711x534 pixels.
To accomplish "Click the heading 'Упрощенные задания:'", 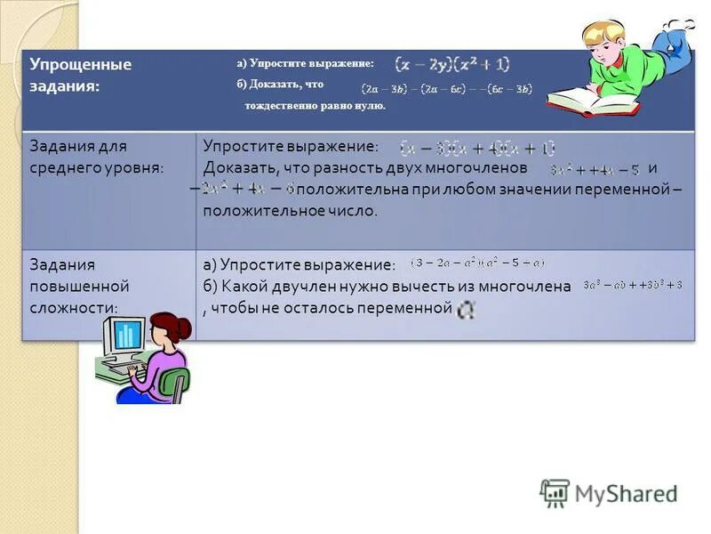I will click(80, 75).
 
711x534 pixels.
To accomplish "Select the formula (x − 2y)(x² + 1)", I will click(452, 64).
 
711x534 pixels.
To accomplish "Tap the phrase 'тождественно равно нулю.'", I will click(316, 106).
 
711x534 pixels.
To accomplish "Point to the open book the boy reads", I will click(591, 102).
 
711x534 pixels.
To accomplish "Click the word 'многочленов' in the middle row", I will click(487, 168).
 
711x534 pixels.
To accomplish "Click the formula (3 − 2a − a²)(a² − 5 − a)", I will click(478, 263).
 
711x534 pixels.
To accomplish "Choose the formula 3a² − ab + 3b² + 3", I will click(633, 285).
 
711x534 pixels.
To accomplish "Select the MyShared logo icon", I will click(555, 493).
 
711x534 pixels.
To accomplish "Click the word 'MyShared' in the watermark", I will click(626, 494).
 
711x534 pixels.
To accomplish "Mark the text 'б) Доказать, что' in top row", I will click(280, 85).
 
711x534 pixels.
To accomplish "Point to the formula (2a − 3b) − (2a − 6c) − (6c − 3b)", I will click(446, 88).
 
